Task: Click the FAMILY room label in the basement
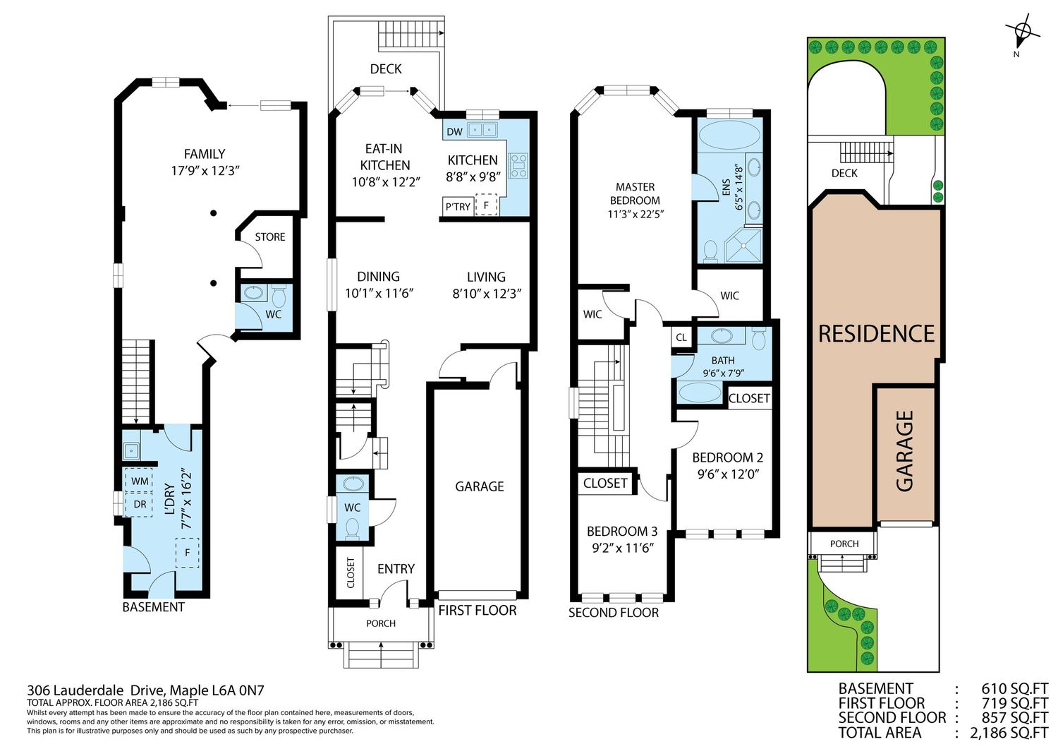click(205, 154)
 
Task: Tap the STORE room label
click(270, 237)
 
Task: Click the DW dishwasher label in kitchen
click(454, 132)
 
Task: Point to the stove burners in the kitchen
click(518, 166)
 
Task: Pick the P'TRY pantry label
click(458, 207)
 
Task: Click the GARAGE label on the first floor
click(480, 486)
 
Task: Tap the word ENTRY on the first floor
click(396, 569)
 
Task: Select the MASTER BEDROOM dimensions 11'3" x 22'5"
click(636, 214)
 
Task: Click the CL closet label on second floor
click(681, 337)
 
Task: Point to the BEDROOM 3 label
click(622, 532)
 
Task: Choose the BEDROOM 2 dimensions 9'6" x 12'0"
click(728, 474)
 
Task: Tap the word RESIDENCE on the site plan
click(876, 334)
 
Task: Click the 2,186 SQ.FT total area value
click(1009, 733)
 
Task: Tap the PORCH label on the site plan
click(844, 544)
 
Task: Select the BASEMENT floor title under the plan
click(154, 607)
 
